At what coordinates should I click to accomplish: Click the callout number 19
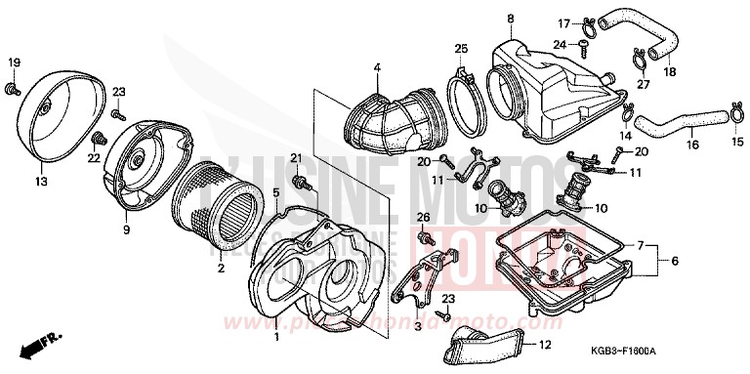pyautogui.click(x=14, y=63)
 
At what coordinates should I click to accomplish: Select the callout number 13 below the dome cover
pyautogui.click(x=41, y=181)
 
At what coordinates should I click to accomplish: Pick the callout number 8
pyautogui.click(x=510, y=19)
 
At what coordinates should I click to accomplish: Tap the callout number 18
pyautogui.click(x=671, y=71)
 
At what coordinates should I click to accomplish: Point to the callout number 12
pyautogui.click(x=545, y=344)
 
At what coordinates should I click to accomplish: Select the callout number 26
pyautogui.click(x=423, y=216)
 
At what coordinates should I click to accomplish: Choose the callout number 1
pyautogui.click(x=275, y=338)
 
